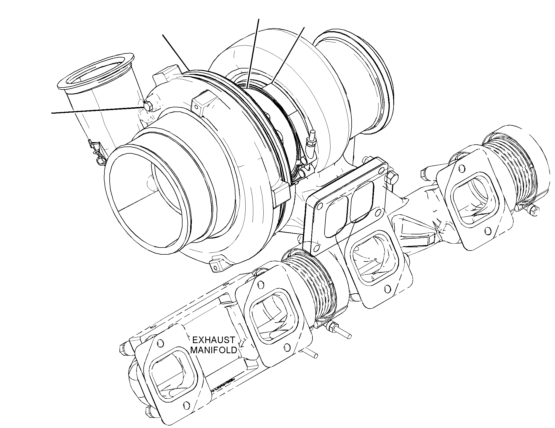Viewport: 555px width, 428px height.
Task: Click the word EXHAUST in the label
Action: (214, 340)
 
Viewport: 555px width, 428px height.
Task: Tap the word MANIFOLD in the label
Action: (214, 350)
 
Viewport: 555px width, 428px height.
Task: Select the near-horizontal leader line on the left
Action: (98, 110)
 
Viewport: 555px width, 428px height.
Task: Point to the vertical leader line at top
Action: (252, 53)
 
